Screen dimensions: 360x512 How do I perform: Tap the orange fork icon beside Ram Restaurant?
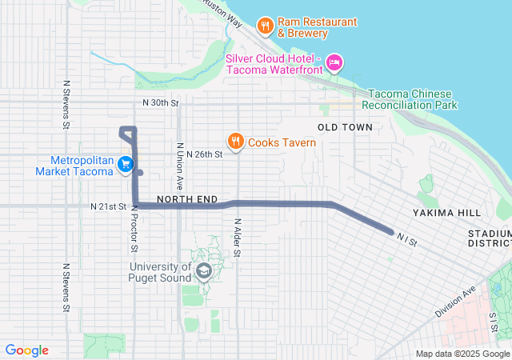pyautogui.click(x=265, y=26)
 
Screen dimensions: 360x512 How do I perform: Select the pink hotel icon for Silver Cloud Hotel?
pyautogui.click(x=335, y=62)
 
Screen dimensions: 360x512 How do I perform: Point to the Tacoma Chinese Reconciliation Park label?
pyautogui.click(x=410, y=99)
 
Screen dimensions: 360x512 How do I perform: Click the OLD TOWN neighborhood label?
pyautogui.click(x=345, y=127)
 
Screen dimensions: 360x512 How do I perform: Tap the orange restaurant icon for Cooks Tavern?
pyautogui.click(x=235, y=142)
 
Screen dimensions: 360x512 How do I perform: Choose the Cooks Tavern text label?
pyautogui.click(x=282, y=143)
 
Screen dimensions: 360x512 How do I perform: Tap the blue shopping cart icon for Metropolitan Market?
pyautogui.click(x=126, y=165)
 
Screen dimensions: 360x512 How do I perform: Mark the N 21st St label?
pyautogui.click(x=109, y=206)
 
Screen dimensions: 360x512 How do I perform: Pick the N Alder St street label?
pyautogui.click(x=238, y=238)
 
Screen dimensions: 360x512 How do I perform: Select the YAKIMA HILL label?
pyautogui.click(x=447, y=213)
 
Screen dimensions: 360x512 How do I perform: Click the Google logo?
pyautogui.click(x=27, y=350)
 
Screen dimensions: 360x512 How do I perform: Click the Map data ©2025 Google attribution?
pyautogui.click(x=462, y=354)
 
